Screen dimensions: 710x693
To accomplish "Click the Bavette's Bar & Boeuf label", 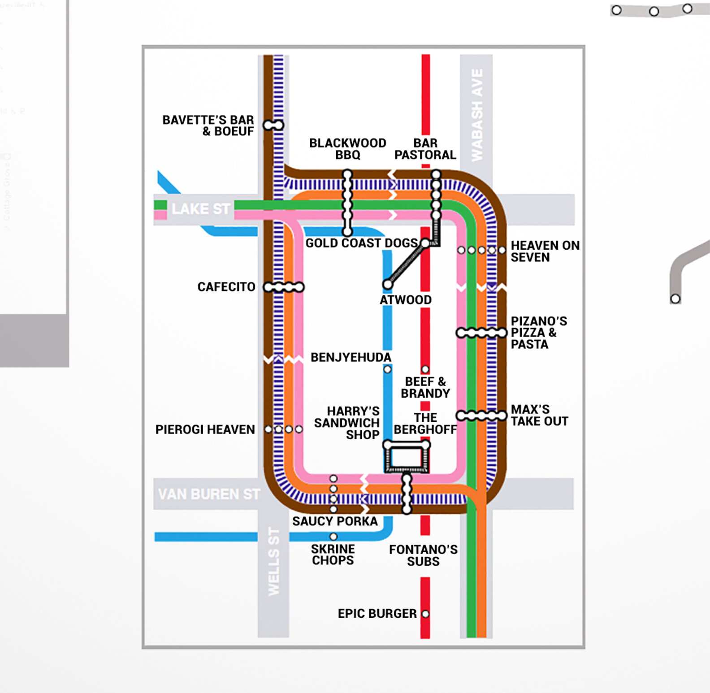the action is click(x=208, y=126).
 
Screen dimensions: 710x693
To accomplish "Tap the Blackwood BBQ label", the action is click(x=347, y=149).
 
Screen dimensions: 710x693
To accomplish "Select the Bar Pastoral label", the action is click(x=425, y=149).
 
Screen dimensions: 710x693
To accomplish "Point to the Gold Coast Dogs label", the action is click(x=361, y=243).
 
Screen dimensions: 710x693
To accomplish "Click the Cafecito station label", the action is click(x=226, y=287).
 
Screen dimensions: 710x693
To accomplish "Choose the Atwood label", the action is click(x=406, y=300).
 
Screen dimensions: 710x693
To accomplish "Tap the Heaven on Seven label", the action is click(x=545, y=251).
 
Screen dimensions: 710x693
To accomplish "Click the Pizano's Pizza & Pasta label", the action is click(x=538, y=333).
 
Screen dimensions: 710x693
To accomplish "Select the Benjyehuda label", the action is click(x=351, y=357).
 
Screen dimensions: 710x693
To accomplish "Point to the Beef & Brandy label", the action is click(x=425, y=387).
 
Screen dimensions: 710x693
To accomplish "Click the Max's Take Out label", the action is click(x=539, y=416).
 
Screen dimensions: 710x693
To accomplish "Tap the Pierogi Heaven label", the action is click(x=205, y=429).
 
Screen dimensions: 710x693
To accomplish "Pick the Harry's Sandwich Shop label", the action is click(x=347, y=423).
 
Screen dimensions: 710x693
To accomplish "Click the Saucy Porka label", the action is click(x=335, y=521).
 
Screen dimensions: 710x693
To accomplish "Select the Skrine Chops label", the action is click(x=333, y=554).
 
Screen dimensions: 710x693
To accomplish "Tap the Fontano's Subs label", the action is click(x=423, y=555).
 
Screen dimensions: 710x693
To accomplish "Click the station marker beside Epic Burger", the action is click(x=425, y=614).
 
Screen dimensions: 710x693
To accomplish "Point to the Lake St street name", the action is click(x=201, y=209).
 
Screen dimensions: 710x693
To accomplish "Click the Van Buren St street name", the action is click(x=209, y=494).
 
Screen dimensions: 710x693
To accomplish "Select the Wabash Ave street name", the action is click(x=477, y=115).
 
